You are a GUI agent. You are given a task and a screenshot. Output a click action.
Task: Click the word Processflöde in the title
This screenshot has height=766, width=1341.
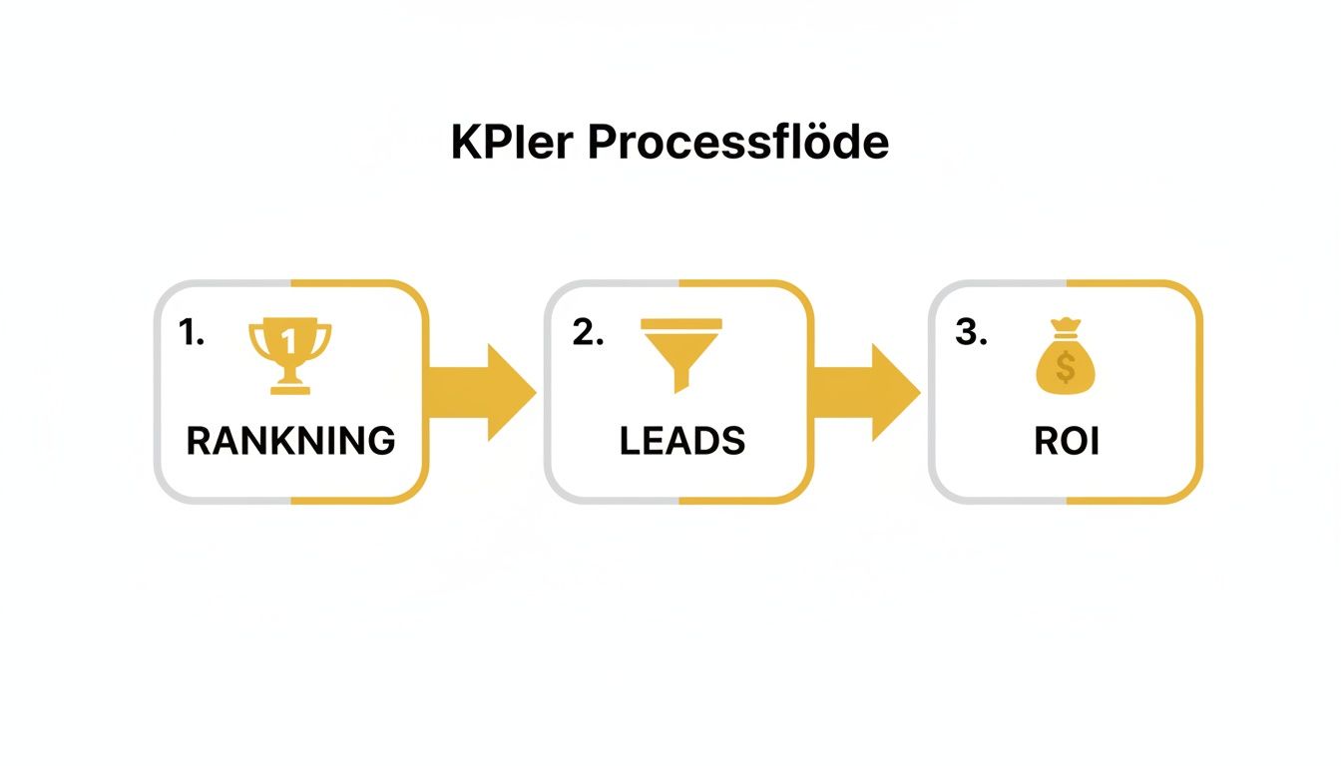[x=737, y=144]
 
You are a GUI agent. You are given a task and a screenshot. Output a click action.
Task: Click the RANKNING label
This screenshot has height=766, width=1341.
[x=290, y=441]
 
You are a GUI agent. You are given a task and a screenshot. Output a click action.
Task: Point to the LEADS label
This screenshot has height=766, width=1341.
[x=682, y=441]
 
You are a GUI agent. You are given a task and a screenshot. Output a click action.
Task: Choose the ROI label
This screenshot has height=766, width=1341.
[x=1066, y=441]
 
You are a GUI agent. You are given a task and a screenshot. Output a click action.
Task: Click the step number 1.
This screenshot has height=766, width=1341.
[x=191, y=334]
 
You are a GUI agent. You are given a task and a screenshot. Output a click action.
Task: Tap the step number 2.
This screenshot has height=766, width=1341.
[x=588, y=334]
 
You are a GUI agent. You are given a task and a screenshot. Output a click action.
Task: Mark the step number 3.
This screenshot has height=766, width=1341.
[x=971, y=334]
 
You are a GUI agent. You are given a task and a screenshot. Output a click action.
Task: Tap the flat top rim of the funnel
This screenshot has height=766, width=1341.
[x=681, y=323]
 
